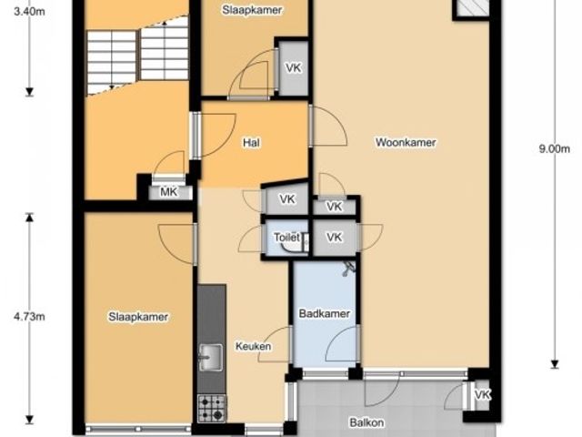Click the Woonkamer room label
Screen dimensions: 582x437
[x=406, y=142]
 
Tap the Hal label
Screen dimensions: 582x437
[x=251, y=143]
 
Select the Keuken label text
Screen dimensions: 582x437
[x=254, y=346]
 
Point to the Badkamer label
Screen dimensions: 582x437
[x=325, y=313]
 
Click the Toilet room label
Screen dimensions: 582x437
[x=286, y=238]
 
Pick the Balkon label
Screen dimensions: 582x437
[x=366, y=422]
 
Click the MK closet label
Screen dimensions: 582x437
[x=169, y=192]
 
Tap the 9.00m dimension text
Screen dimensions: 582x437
[x=554, y=149]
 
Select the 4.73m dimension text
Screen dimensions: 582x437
[x=29, y=317]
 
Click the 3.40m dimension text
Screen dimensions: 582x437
[x=29, y=12]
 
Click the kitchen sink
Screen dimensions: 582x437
[x=211, y=357]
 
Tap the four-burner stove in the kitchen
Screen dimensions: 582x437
[x=212, y=408]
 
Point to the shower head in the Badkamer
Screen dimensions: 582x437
[x=348, y=269]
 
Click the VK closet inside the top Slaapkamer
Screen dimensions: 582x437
[x=293, y=68]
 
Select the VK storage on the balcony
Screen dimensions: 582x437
[x=483, y=394]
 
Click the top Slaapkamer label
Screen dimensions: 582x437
[x=252, y=10]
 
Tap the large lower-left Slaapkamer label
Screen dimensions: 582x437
[x=138, y=317]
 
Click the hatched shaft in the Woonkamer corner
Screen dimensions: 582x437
[x=471, y=7]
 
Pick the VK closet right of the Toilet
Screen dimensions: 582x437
[x=335, y=238]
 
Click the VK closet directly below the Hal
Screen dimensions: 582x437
[x=287, y=199]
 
